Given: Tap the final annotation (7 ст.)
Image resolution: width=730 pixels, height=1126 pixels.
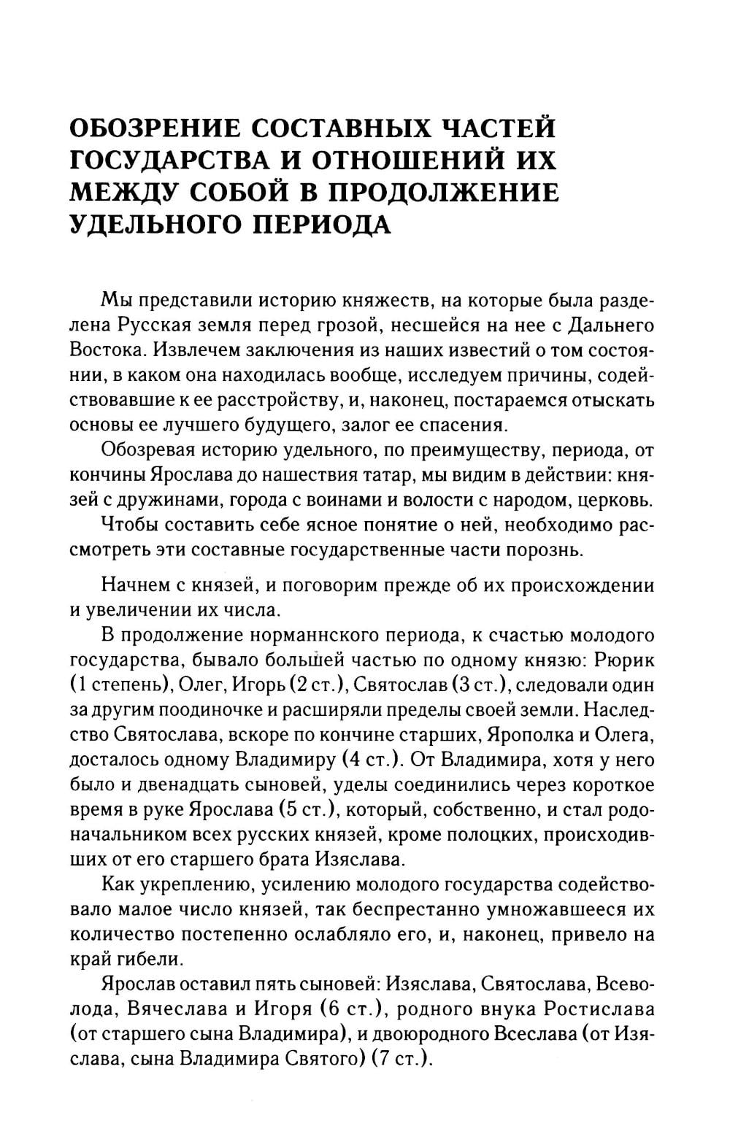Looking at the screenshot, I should tap(401, 1058).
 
